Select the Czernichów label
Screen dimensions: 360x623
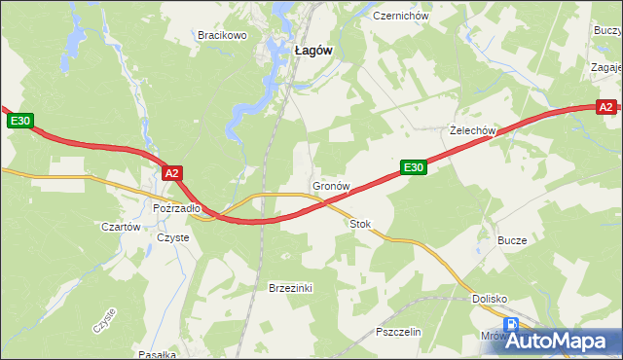(394, 16)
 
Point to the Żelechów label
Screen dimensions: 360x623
(473, 130)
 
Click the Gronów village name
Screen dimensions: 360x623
(331, 185)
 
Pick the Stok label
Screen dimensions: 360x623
(360, 224)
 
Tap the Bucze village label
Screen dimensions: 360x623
(512, 240)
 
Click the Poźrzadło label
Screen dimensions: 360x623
(177, 207)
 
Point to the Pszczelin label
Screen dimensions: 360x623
(397, 332)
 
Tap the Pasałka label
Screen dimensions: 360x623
(157, 354)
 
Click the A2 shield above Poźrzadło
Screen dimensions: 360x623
(172, 173)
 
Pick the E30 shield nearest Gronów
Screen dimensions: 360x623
(414, 168)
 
